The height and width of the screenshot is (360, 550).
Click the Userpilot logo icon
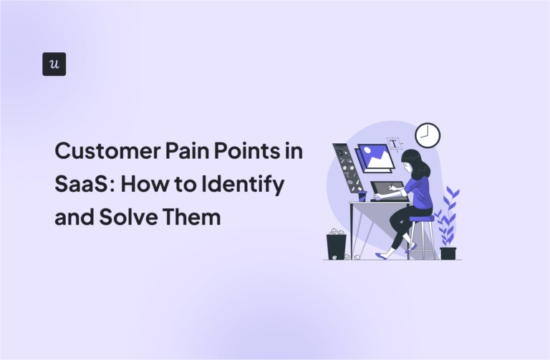coord(54,64)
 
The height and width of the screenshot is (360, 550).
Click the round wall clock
coord(428,135)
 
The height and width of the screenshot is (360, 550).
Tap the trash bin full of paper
coord(337,245)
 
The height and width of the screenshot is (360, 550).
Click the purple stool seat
coord(421,219)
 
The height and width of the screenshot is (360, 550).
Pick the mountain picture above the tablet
coord(375,157)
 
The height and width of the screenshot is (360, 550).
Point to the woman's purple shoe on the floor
coord(381,256)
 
